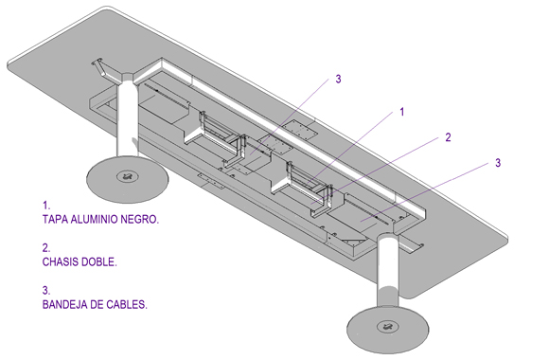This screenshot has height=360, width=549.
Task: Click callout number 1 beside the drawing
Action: click(402, 112)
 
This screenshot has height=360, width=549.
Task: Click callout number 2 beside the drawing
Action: click(448, 137)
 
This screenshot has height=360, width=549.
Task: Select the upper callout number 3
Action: click(338, 79)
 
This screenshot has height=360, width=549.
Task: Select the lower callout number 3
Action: click(498, 163)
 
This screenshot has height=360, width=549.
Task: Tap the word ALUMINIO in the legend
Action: click(95, 220)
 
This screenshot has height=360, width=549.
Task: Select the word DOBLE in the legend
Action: click(99, 261)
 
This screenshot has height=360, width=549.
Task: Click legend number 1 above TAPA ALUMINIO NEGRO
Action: click(46, 205)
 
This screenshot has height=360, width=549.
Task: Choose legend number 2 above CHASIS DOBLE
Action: click(46, 248)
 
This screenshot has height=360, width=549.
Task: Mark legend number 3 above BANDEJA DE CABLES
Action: click(46, 290)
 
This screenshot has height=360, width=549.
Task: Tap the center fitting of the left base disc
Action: click(127, 176)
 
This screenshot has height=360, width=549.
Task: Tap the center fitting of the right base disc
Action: click(387, 327)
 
